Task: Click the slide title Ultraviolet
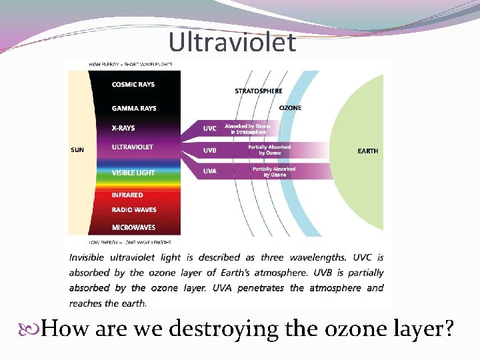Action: tap(232, 42)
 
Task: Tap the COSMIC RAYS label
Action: tap(134, 85)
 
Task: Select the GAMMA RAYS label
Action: tap(134, 108)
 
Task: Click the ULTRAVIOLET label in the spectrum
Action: tap(132, 147)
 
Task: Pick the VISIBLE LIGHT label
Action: tap(133, 173)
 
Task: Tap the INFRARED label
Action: tap(127, 195)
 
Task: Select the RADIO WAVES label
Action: tap(134, 210)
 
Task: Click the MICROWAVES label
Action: tap(134, 227)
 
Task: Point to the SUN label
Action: tap(77, 150)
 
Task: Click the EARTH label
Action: tap(367, 151)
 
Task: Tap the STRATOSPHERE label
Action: tap(259, 91)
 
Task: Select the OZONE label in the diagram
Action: tap(290, 107)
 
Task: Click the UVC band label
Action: tap(209, 128)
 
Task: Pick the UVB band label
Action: tap(209, 150)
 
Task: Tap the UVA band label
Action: tap(209, 172)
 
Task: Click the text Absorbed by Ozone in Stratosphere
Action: tap(248, 129)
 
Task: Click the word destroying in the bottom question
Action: tap(229, 329)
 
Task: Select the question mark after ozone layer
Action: tap(449, 329)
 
